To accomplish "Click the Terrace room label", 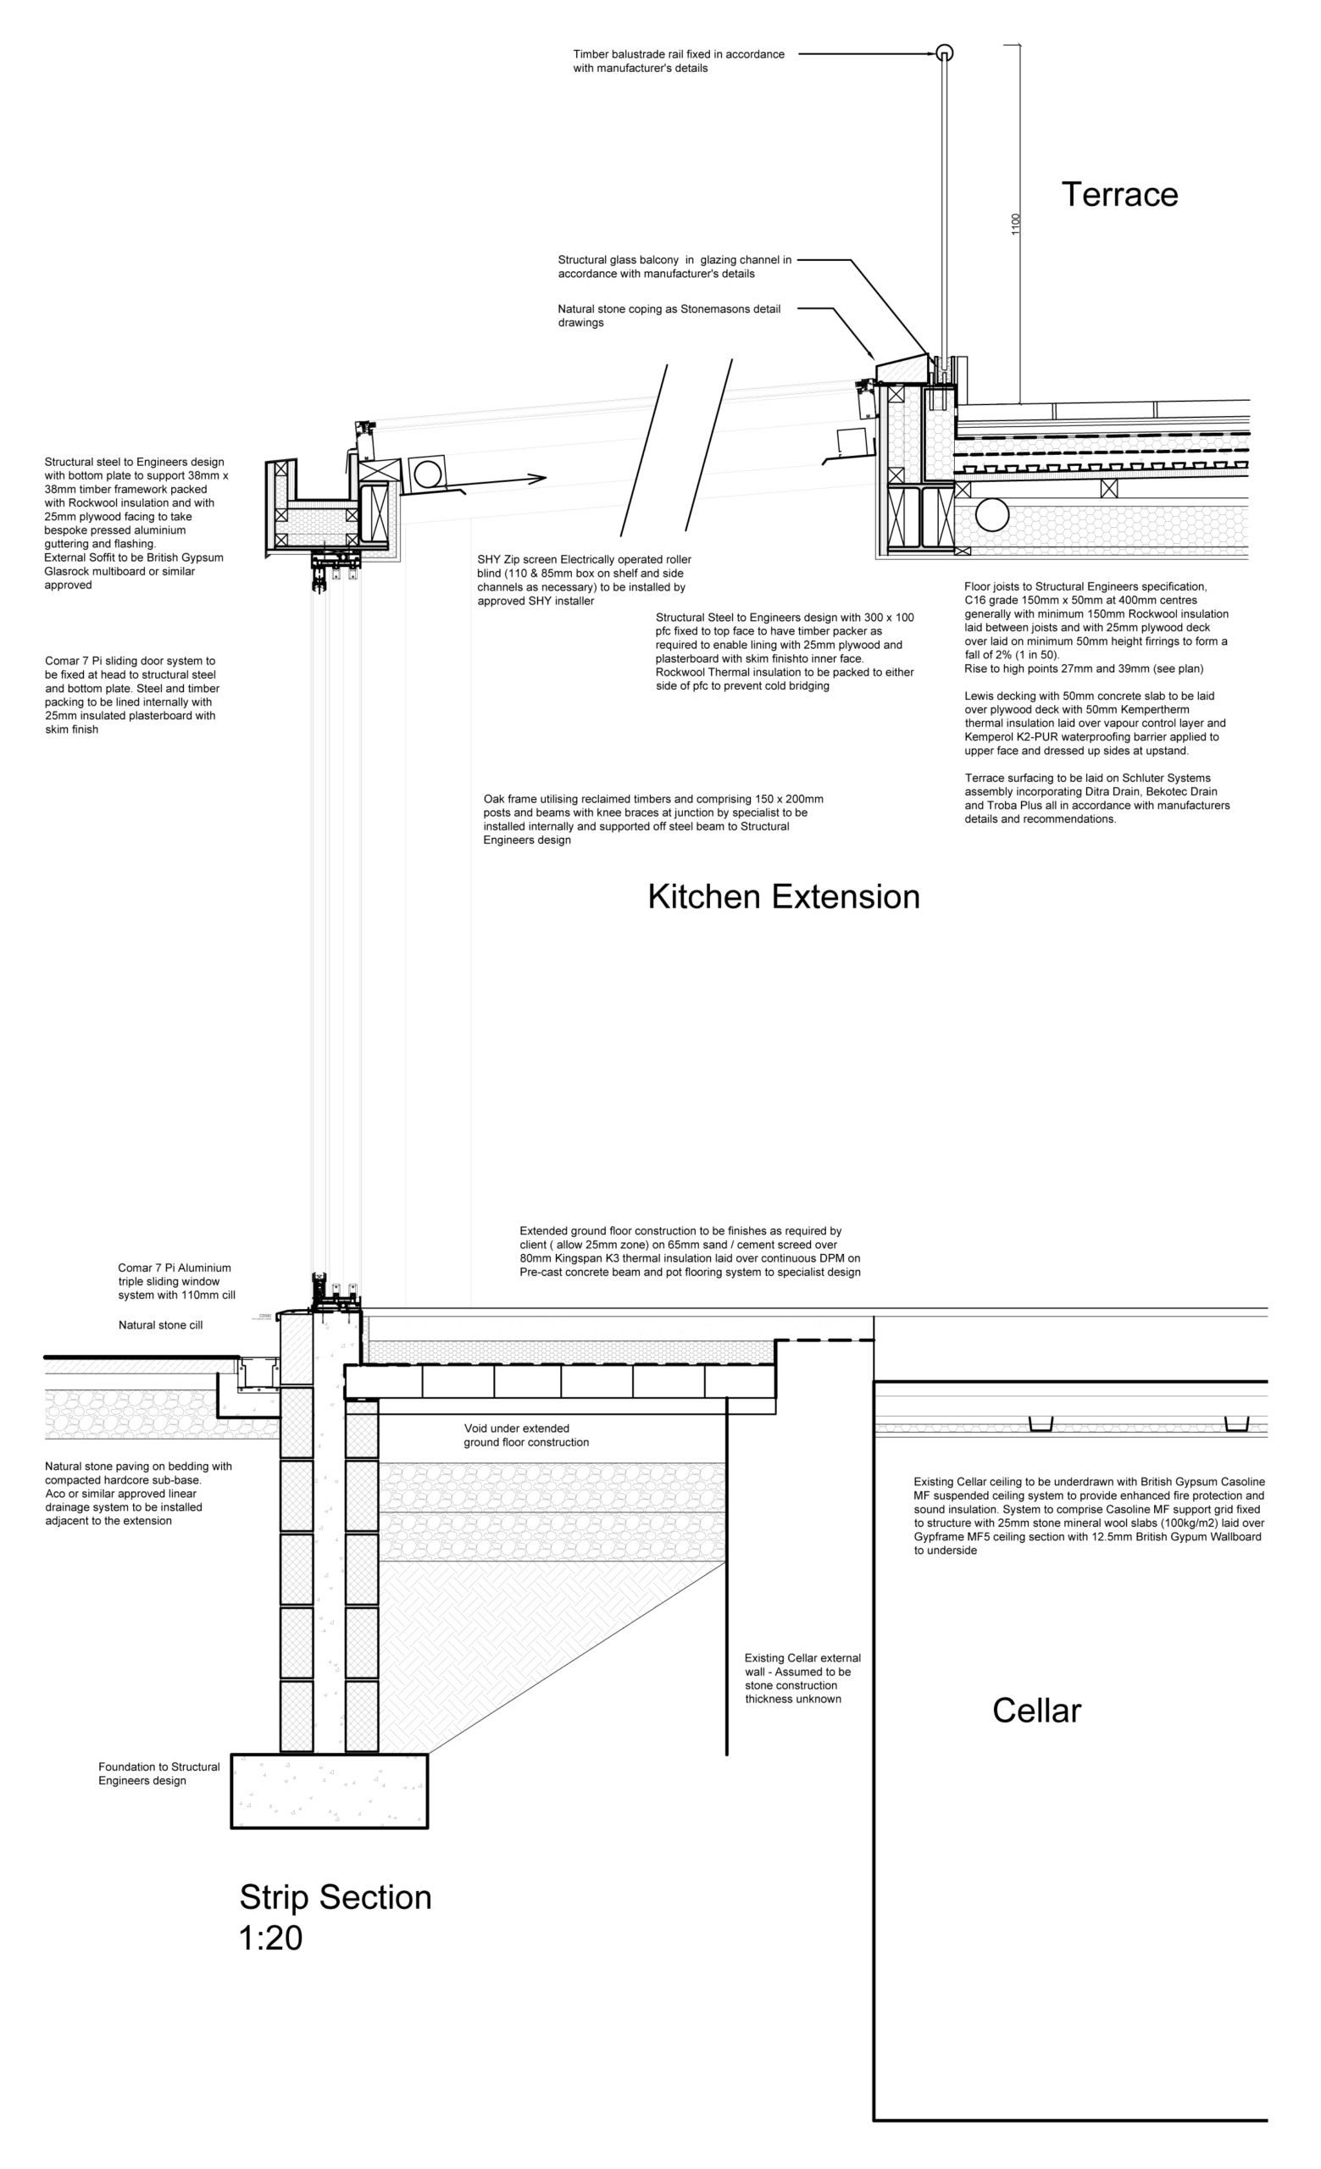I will point(1118,195).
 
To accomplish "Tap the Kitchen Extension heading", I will point(783,896).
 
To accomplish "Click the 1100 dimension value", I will point(1016,224).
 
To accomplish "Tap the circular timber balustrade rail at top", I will point(944,53).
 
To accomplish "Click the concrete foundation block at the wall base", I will point(329,1790).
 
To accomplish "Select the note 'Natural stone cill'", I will point(160,1325).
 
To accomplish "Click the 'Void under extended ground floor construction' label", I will point(526,1435).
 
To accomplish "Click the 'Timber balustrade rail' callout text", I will point(678,61).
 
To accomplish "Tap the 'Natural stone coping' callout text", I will point(669,315).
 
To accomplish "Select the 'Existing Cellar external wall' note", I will point(802,1678).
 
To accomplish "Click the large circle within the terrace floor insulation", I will point(992,515).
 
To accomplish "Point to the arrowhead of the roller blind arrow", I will point(538,478).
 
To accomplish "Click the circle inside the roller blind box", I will point(427,474).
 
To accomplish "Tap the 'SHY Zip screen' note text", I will point(584,580).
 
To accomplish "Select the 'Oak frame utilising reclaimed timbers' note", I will point(653,818).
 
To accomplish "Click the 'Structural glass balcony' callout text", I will point(674,267).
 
